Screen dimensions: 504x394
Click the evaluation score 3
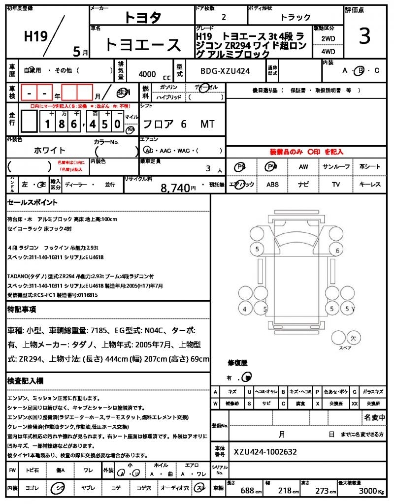pyautogui.click(x=364, y=37)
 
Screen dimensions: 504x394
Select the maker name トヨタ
pyautogui.click(x=142, y=17)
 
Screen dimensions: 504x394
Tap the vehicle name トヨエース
pyautogui.click(x=143, y=45)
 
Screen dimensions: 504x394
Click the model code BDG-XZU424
pyautogui.click(x=225, y=71)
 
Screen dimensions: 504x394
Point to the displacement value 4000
pyautogui.click(x=147, y=74)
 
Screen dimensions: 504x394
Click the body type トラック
pyautogui.click(x=295, y=17)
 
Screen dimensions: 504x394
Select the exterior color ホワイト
pyautogui.click(x=49, y=150)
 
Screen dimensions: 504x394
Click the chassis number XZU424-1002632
pyautogui.click(x=265, y=452)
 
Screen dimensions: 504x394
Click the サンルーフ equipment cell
pyautogui.click(x=336, y=167)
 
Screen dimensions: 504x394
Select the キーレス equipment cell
pyautogui.click(x=370, y=185)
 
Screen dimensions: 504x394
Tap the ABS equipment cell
pyautogui.click(x=272, y=185)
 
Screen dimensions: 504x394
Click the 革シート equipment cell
pyautogui.click(x=370, y=167)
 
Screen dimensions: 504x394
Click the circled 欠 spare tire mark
pyautogui.click(x=353, y=338)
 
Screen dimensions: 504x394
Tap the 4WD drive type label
pyautogui.click(x=328, y=51)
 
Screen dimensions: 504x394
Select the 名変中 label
pyautogui.click(x=375, y=418)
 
